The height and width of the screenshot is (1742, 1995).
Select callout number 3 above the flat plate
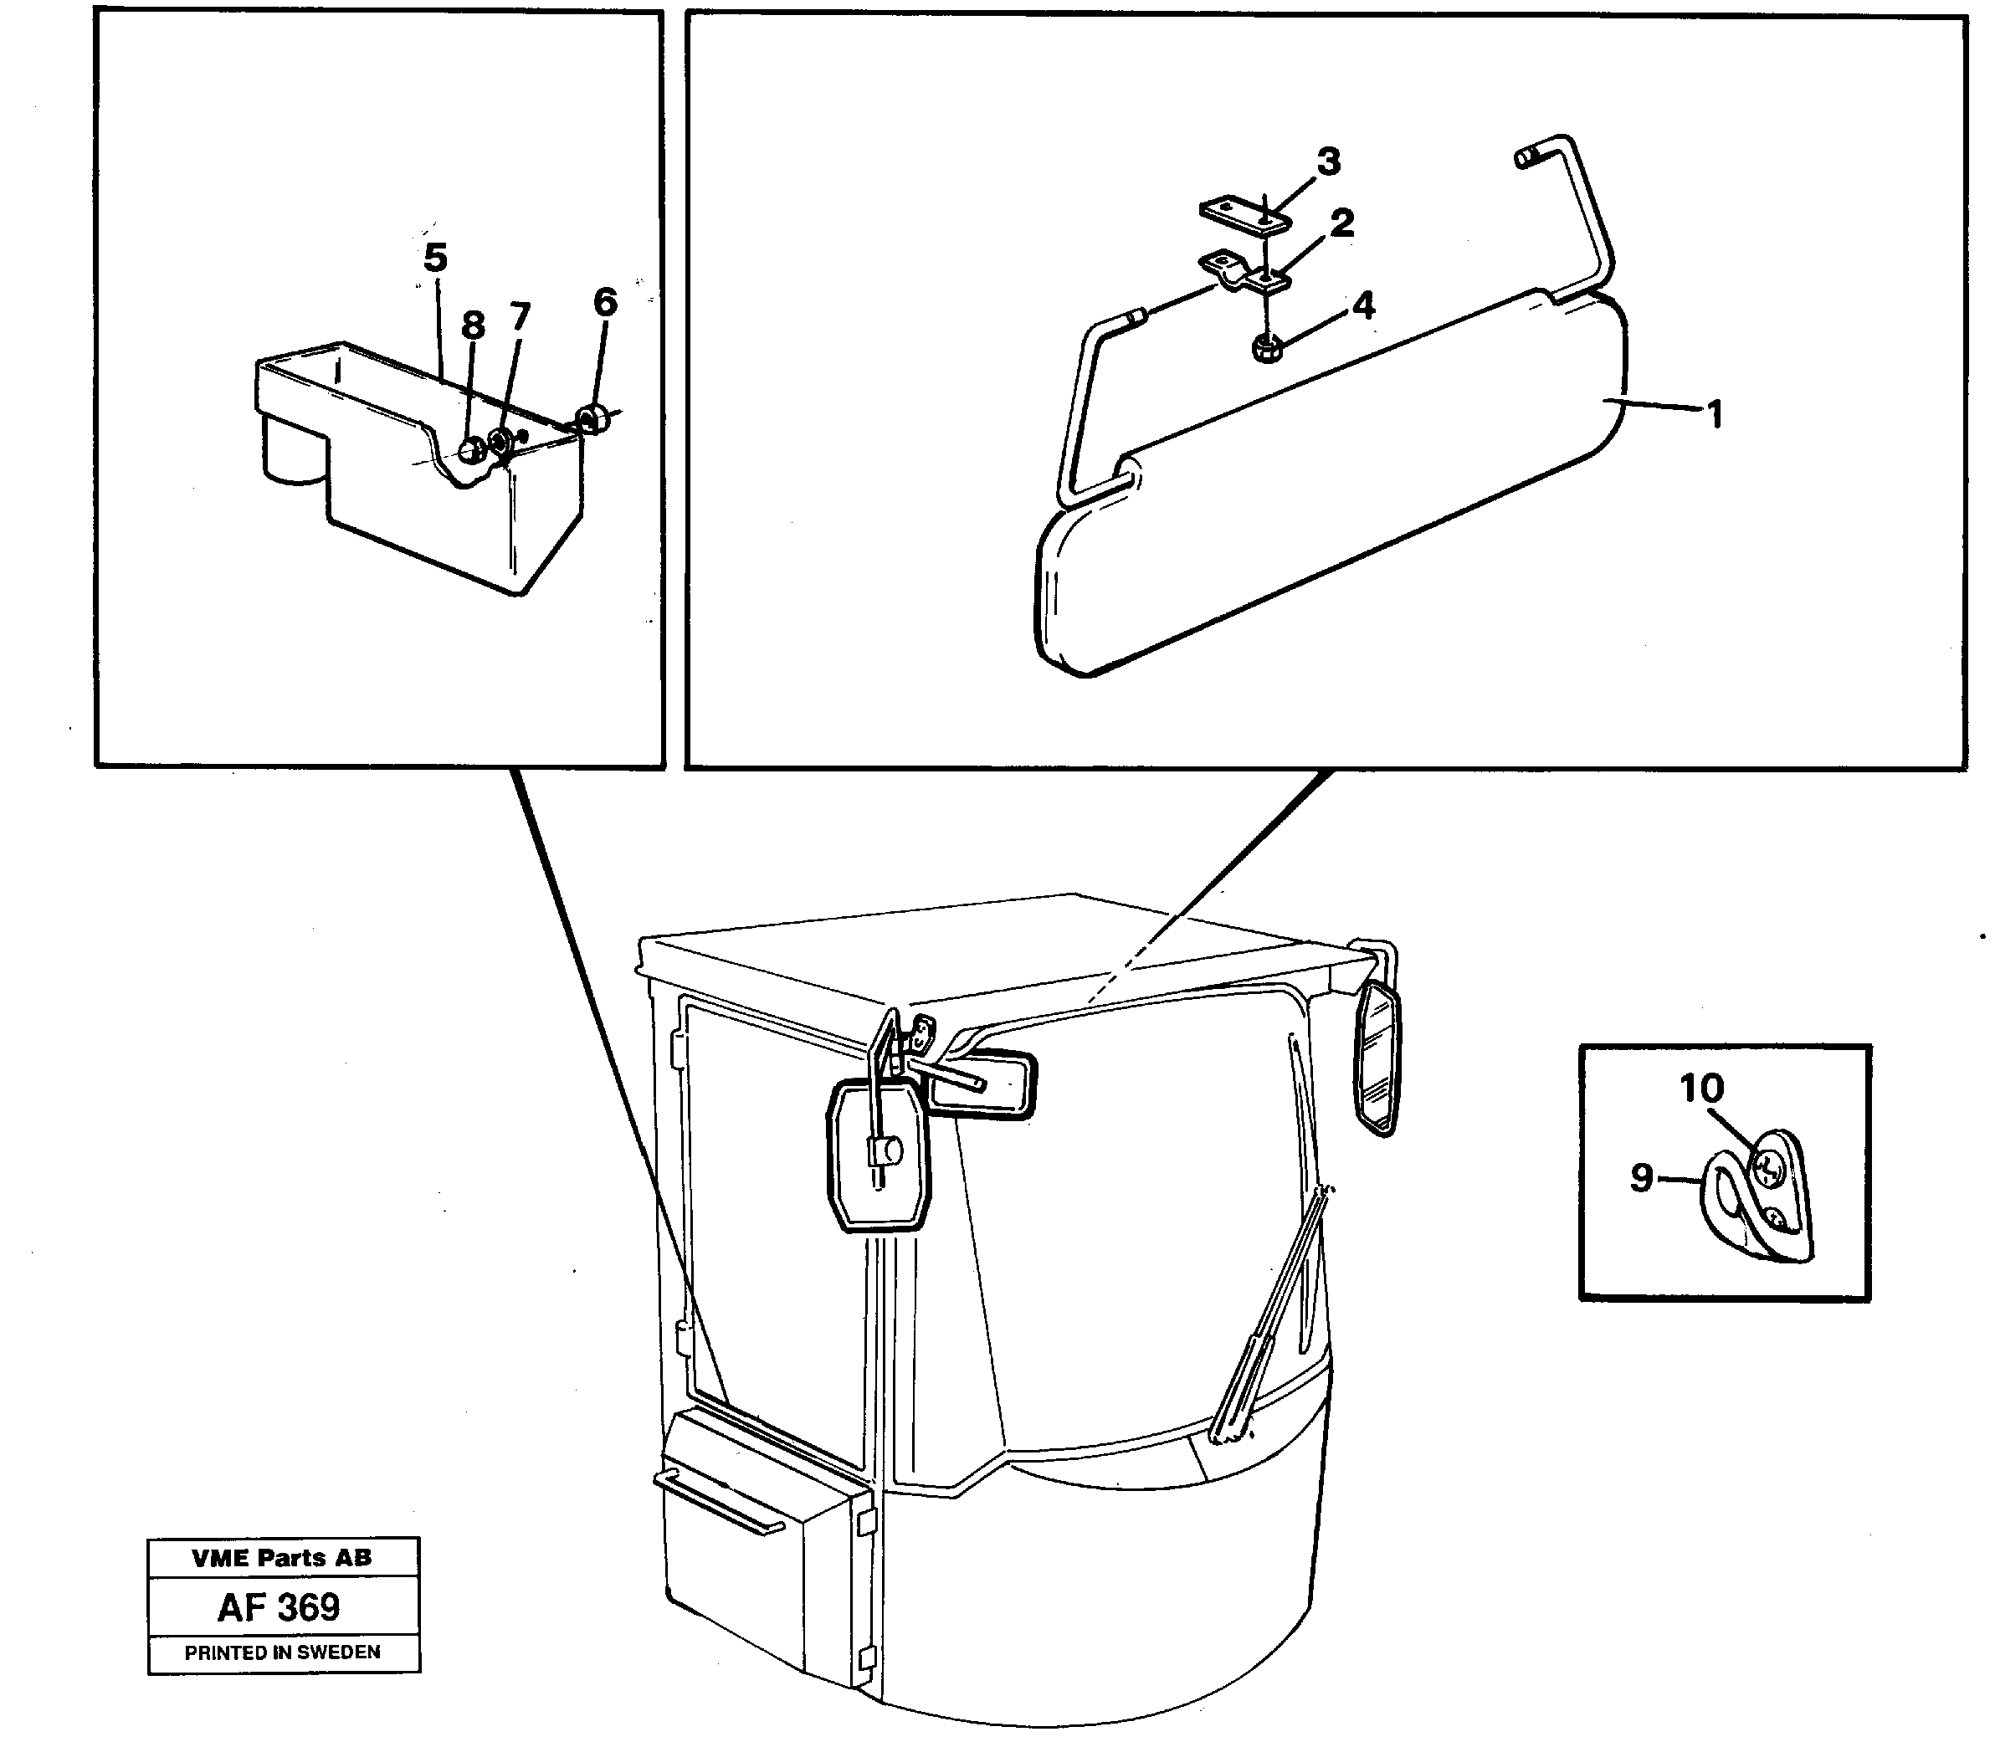(1328, 161)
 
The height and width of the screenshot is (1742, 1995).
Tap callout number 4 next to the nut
(1364, 305)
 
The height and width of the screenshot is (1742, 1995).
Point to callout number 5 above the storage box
(435, 259)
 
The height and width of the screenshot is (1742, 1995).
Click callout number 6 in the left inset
(605, 302)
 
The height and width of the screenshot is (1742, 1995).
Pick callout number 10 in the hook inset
(1701, 1088)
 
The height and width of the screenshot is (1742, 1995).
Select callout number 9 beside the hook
(1641, 1178)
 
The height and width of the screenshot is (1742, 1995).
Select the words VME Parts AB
(282, 1557)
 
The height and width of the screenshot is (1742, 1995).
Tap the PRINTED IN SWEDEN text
(283, 1652)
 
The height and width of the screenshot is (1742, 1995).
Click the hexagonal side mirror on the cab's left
(878, 1158)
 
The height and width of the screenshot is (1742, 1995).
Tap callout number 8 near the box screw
(473, 325)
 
